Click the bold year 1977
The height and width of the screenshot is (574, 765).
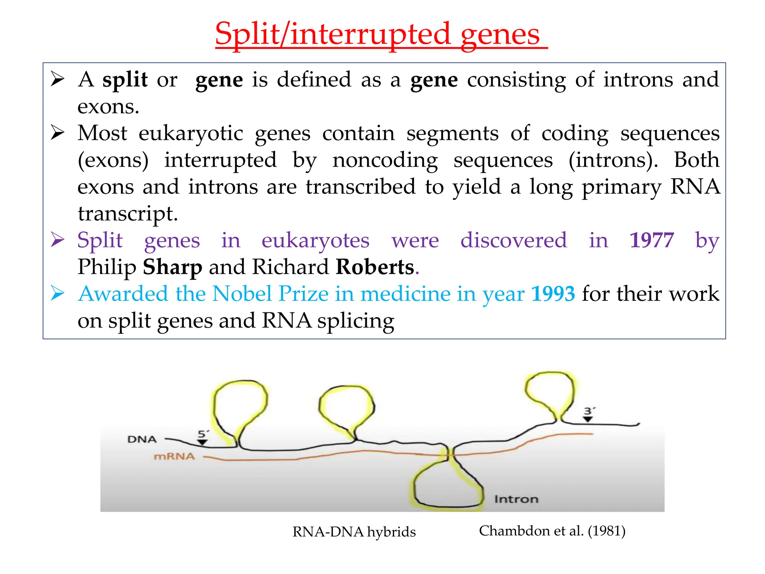(x=651, y=240)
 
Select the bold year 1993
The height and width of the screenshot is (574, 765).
(x=553, y=294)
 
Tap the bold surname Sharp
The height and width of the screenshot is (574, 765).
(x=172, y=267)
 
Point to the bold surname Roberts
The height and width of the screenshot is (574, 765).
(x=375, y=267)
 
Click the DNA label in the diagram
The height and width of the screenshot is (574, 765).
(x=142, y=439)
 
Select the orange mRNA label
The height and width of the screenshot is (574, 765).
(x=174, y=456)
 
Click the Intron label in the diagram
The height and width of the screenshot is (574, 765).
(x=516, y=499)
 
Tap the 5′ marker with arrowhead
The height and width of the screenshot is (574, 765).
(x=203, y=437)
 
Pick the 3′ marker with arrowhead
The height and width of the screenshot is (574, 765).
(x=588, y=414)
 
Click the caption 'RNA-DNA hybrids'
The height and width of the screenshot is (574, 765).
(x=354, y=532)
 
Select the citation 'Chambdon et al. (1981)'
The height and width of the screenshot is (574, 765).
(x=552, y=531)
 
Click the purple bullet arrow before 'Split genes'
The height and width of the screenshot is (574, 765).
(x=58, y=240)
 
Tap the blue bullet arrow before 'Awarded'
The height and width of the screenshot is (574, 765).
(x=58, y=293)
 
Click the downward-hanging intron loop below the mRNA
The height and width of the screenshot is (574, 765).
(x=447, y=486)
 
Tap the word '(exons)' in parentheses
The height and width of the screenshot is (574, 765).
(x=113, y=160)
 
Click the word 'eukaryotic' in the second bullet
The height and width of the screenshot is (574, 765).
(x=191, y=133)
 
